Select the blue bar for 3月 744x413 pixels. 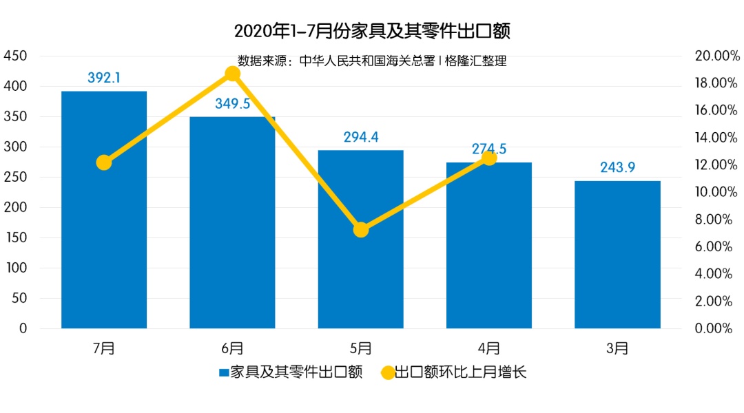[617, 255]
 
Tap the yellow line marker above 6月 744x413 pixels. [233, 74]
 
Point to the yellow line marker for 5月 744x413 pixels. [361, 230]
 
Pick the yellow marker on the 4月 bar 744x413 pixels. [489, 158]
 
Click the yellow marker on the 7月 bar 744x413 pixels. [104, 162]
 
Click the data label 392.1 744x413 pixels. [104, 78]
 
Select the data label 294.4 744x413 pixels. [361, 137]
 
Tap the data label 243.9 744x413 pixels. [617, 168]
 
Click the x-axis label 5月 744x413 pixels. [361, 348]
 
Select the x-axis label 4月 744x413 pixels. [489, 348]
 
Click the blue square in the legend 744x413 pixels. [224, 373]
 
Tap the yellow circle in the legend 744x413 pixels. [388, 373]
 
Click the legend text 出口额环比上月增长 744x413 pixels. [461, 373]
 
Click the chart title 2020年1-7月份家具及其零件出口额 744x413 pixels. [372, 32]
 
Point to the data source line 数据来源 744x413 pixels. [372, 61]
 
